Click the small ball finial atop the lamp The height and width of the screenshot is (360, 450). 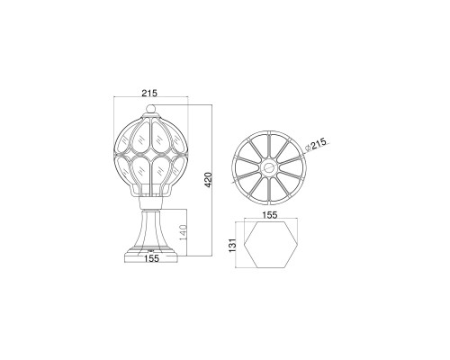pyautogui.click(x=151, y=113)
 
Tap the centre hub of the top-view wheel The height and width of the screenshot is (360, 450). pyautogui.click(x=269, y=168)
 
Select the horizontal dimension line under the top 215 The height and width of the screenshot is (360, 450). pyautogui.click(x=151, y=100)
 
